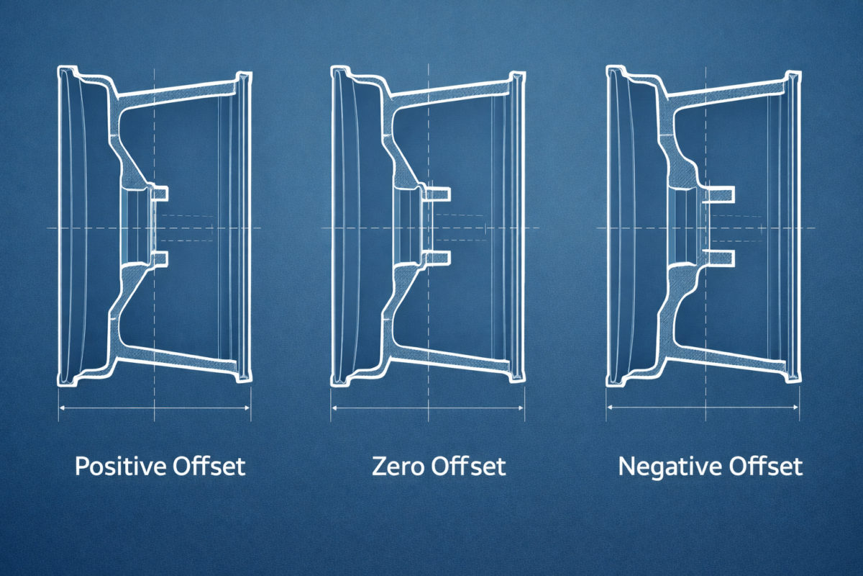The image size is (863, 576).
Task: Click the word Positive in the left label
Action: pos(121,467)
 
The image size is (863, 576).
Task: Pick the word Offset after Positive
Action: pos(209,467)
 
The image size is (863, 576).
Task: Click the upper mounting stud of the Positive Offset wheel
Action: pos(160,192)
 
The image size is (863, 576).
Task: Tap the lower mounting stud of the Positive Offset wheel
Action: pos(160,258)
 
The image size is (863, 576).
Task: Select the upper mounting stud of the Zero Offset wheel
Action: pos(441,193)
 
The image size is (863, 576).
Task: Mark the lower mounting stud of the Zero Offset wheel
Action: pos(441,257)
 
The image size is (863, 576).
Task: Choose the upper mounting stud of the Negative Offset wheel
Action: pos(719,192)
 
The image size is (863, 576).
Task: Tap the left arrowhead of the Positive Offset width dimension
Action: pos(62,408)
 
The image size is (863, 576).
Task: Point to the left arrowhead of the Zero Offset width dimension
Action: pos(335,408)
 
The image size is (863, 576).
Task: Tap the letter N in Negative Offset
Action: pos(626,467)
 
